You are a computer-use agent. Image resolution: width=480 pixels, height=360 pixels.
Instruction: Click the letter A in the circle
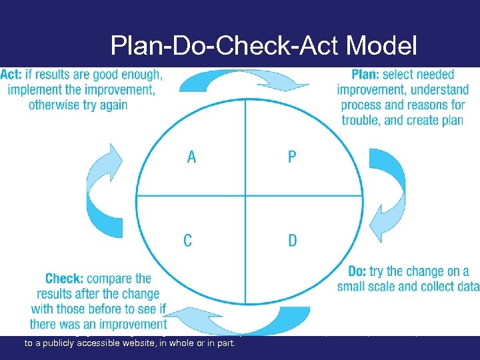pos(191,157)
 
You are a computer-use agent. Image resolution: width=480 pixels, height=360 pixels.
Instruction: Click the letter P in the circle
pos(292,157)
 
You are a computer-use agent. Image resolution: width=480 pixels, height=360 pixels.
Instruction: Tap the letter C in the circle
pos(188,239)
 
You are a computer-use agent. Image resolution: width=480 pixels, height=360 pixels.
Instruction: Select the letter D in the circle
pos(293,239)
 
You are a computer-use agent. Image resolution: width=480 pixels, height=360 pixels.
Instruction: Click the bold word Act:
pos(11,75)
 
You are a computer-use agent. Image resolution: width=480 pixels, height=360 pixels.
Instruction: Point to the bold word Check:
pos(65,279)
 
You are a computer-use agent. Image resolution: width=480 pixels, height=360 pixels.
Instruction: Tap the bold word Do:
pos(357,271)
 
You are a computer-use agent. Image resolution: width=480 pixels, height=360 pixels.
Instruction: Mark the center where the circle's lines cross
pos(245,196)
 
